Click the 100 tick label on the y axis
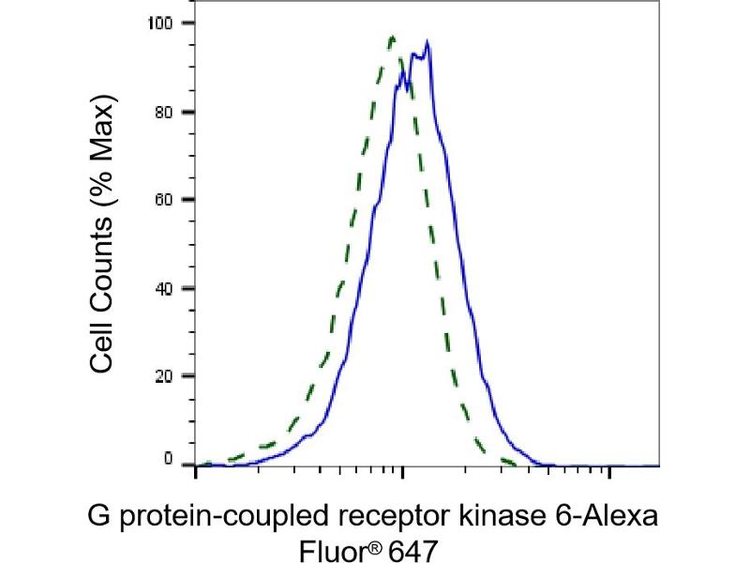coord(168,23)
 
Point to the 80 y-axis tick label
coord(172,112)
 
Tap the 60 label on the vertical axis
coord(172,200)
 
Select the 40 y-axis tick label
coord(172,288)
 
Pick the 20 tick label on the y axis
coord(172,376)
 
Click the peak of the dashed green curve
coord(392,38)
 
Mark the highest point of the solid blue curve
coord(427,41)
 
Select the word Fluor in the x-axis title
coord(322,546)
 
